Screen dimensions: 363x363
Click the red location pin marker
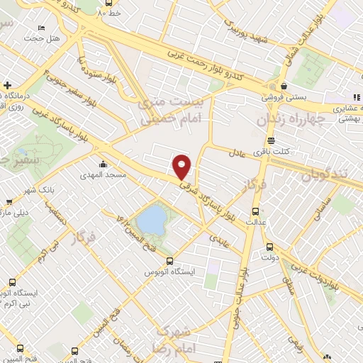(183, 167)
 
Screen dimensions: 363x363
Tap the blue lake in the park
(150, 220)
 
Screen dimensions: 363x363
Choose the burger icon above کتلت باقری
(271, 140)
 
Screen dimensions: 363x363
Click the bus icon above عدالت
(256, 211)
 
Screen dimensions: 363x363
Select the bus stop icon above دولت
(269, 247)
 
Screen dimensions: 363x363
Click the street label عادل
(237, 152)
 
